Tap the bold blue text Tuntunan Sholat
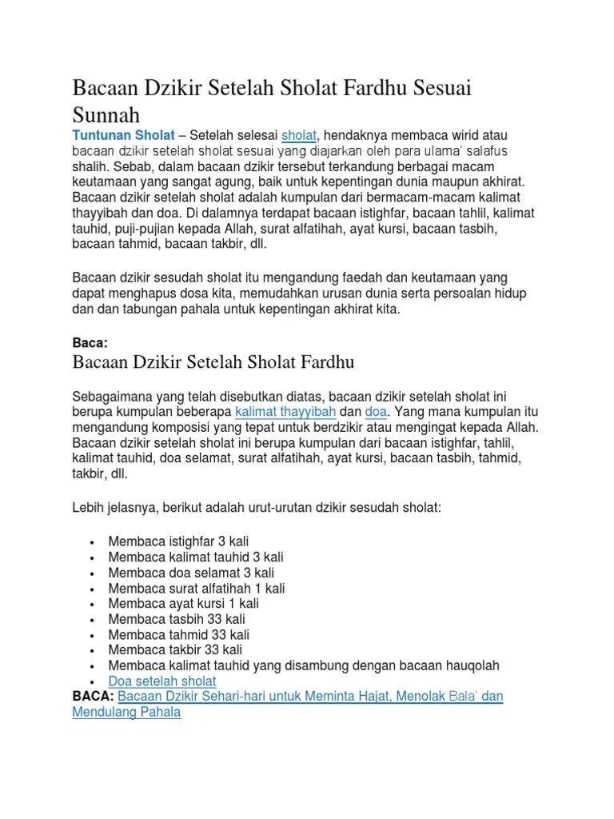(x=123, y=135)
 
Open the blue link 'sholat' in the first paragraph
(x=300, y=135)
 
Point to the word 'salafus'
(x=483, y=150)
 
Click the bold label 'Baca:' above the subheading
(x=90, y=343)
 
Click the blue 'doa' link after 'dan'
(x=375, y=412)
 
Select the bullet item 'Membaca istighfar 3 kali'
(x=184, y=541)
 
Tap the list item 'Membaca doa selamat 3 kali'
(x=191, y=573)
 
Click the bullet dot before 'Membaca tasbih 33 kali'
(x=94, y=620)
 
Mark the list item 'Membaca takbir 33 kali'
(x=175, y=650)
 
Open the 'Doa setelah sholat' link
(x=162, y=681)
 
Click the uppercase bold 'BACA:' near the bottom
(x=94, y=697)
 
